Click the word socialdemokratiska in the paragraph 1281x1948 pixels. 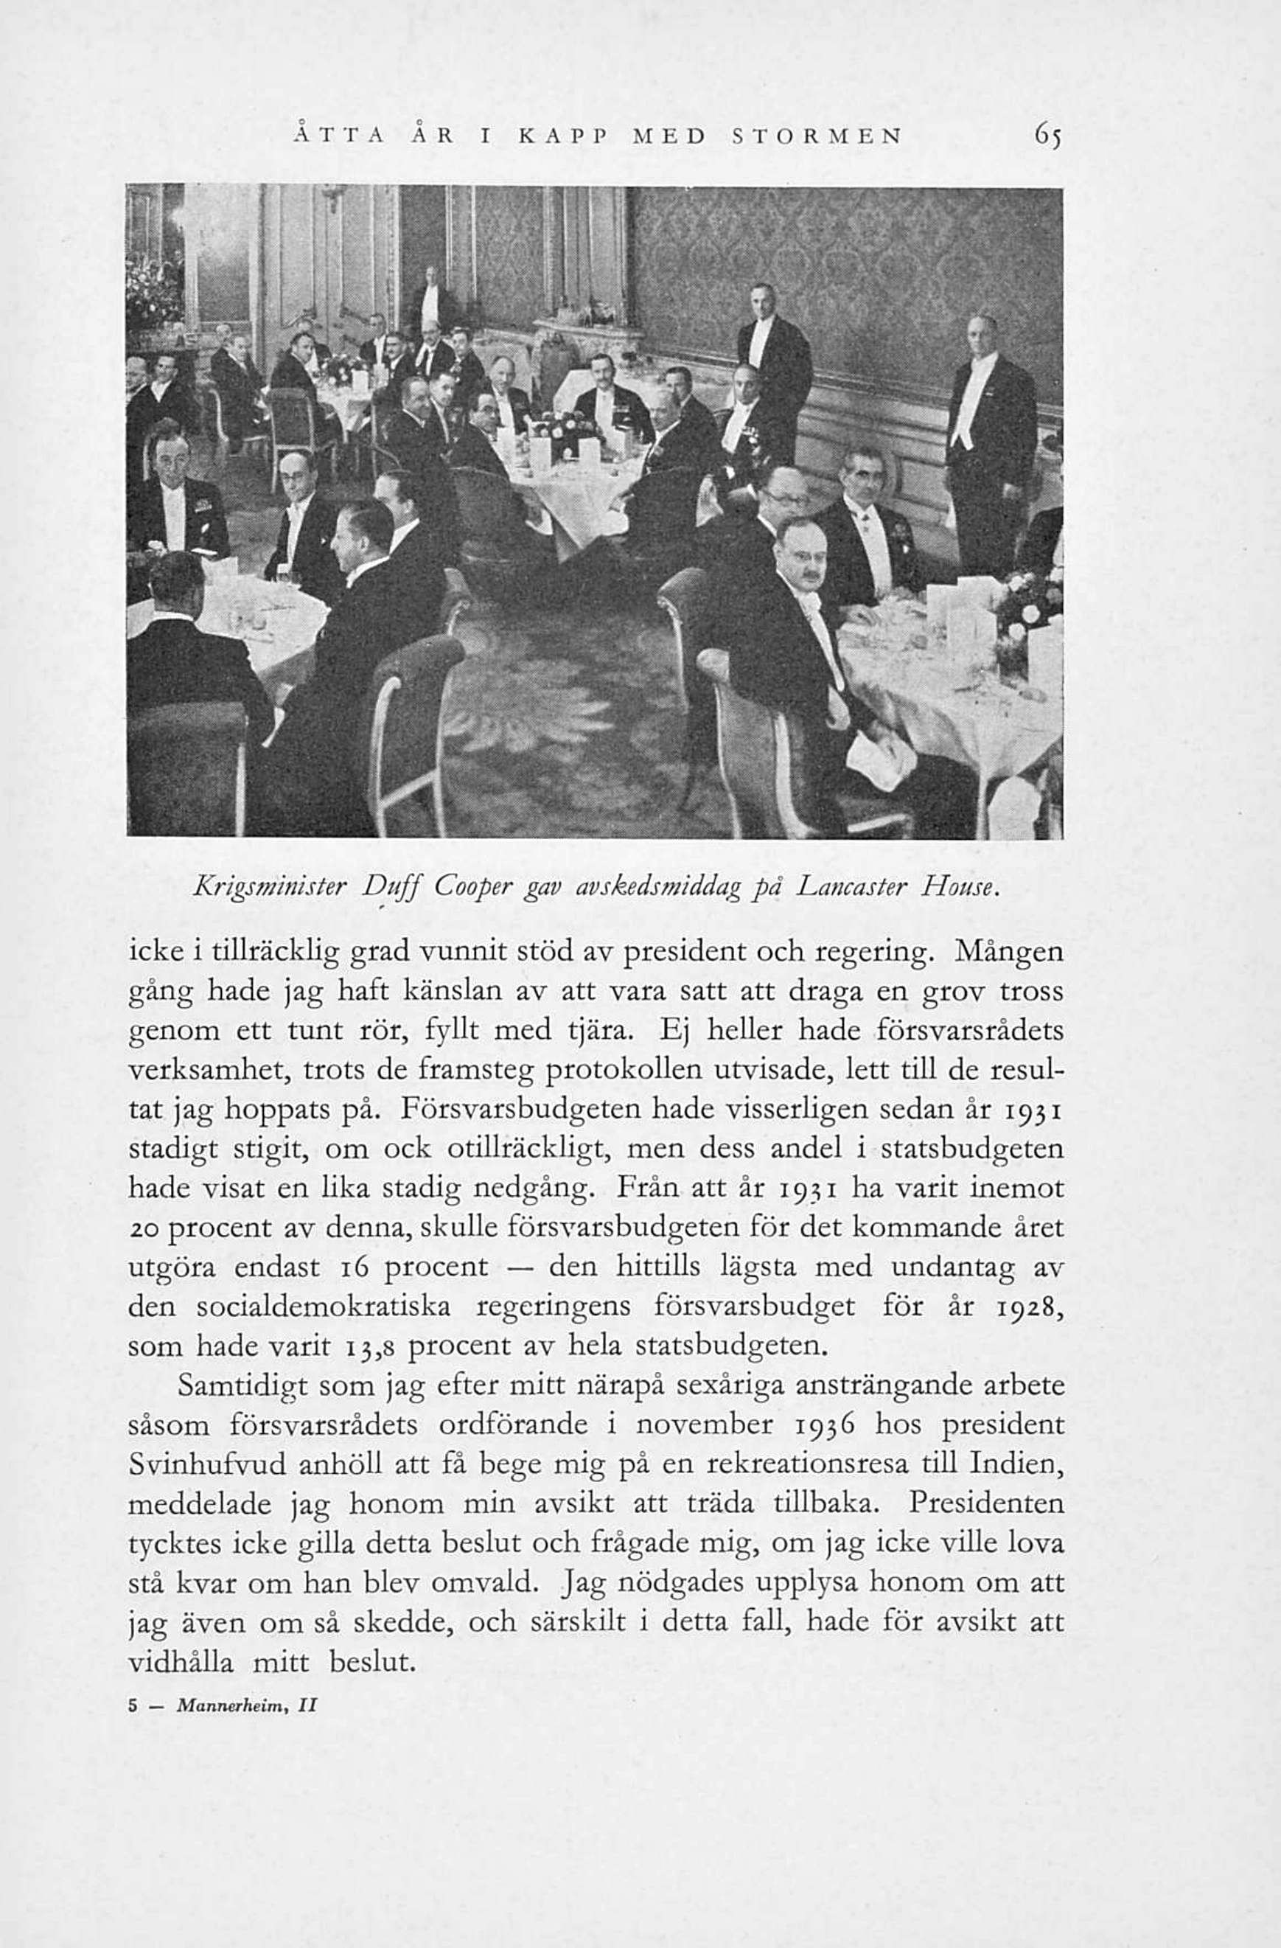323,1307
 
